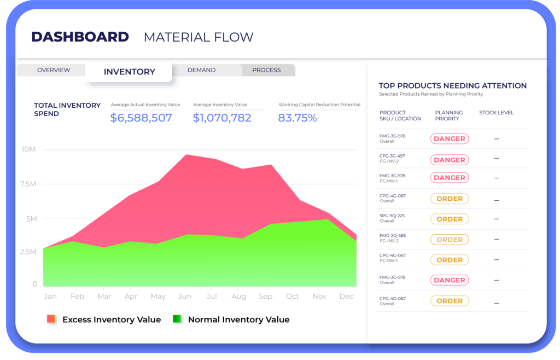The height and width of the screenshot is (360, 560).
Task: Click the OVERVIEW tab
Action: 53,70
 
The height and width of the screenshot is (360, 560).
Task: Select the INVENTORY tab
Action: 129,72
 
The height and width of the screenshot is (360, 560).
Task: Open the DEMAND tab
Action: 201,70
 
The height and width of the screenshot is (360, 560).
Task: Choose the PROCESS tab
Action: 266,70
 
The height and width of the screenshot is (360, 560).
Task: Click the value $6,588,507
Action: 141,118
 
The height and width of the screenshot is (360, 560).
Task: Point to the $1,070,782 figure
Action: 222,118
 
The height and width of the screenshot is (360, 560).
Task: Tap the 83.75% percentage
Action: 297,118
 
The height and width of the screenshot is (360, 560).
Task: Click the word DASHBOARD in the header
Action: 80,37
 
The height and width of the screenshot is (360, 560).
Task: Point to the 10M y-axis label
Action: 29,149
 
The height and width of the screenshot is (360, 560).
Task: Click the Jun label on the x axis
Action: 185,296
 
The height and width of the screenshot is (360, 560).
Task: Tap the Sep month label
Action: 266,296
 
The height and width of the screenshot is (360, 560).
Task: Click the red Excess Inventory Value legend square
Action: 51,319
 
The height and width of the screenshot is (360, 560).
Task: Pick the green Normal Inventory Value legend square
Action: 177,319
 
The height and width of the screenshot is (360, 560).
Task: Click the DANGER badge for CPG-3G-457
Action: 449,160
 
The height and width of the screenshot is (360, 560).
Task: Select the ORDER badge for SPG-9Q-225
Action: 449,219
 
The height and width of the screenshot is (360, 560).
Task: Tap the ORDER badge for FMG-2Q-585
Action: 449,240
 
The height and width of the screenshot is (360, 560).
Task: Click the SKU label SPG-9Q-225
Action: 392,216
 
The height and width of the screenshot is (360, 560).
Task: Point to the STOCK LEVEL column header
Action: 496,113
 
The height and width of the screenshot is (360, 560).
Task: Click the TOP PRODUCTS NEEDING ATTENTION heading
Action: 452,86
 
